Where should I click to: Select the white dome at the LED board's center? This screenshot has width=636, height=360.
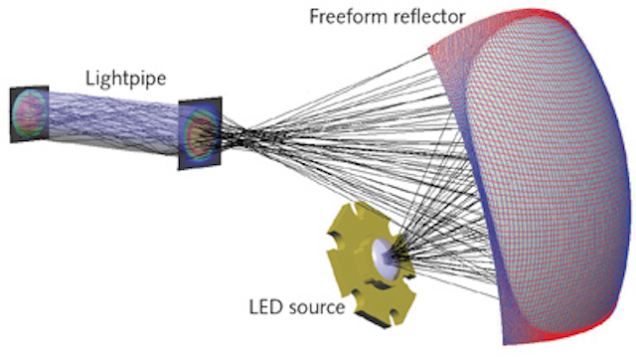click(383, 257)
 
